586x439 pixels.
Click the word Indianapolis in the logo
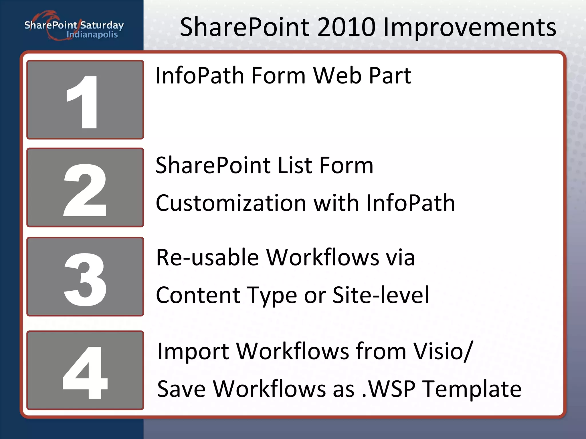click(92, 35)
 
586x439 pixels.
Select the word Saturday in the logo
click(102, 25)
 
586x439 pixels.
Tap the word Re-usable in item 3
click(207, 258)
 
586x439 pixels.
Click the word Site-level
click(381, 295)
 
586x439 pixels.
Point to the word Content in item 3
click(197, 295)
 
